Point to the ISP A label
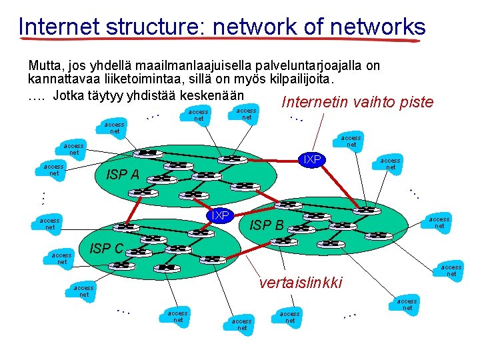(123, 175)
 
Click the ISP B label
(267, 225)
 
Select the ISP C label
(106, 249)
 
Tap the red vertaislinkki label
(300, 283)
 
